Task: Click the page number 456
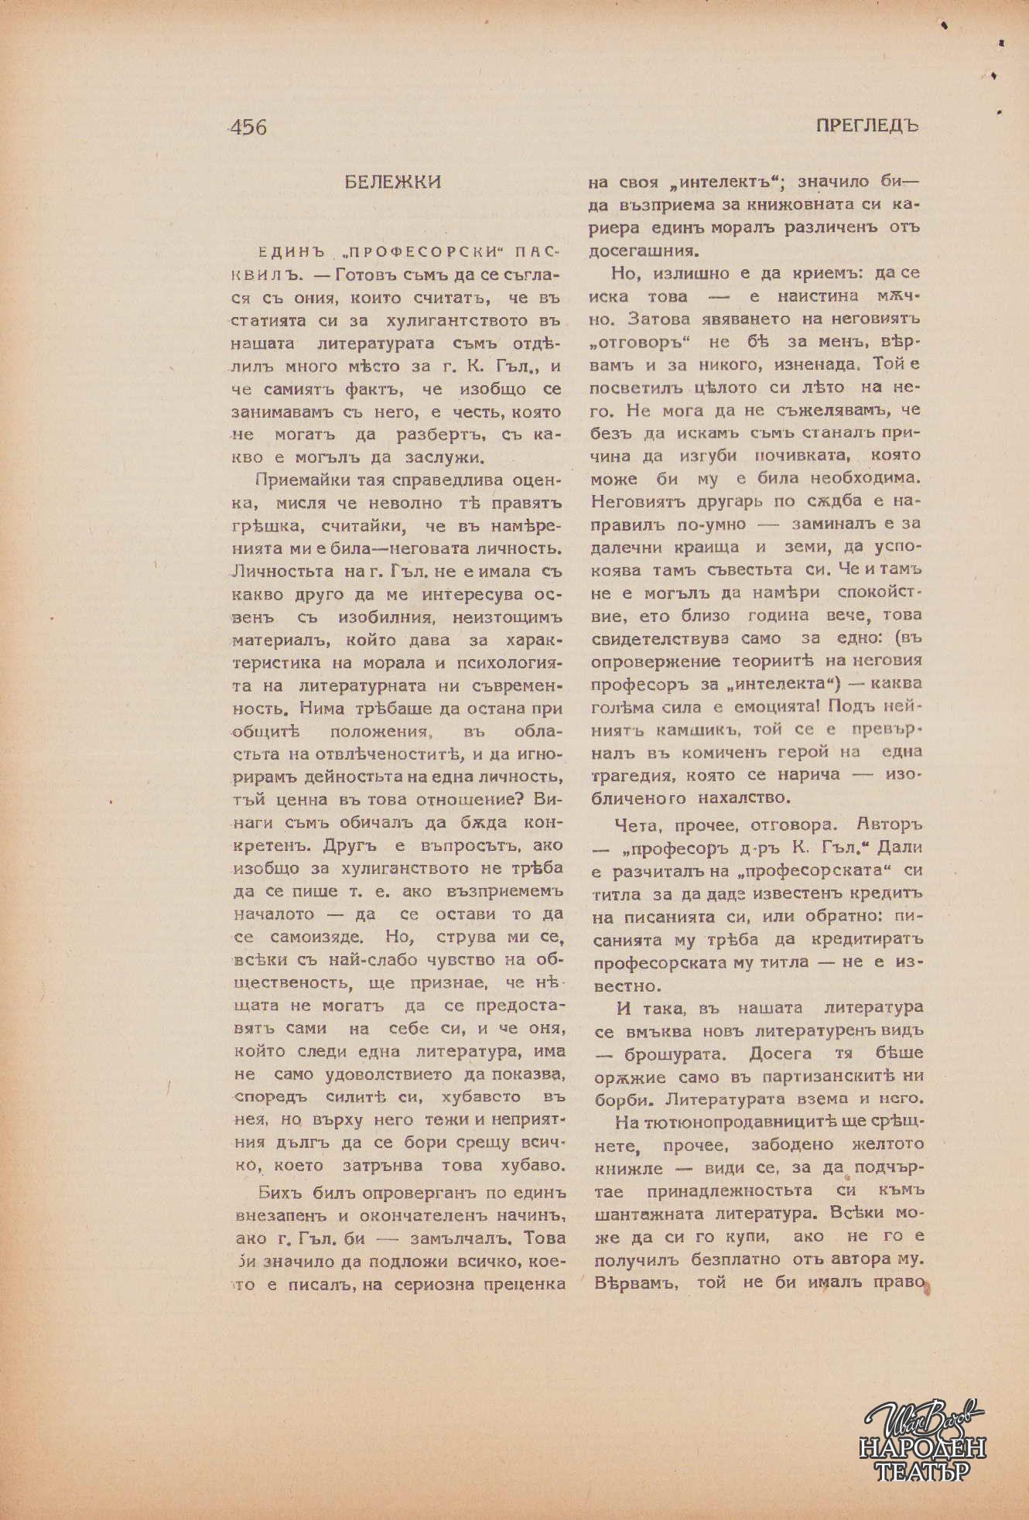[x=248, y=127]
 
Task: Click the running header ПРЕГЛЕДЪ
[x=867, y=126]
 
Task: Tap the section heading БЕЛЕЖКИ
[x=393, y=183]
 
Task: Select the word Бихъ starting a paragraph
[x=281, y=1192]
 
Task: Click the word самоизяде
[x=316, y=938]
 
